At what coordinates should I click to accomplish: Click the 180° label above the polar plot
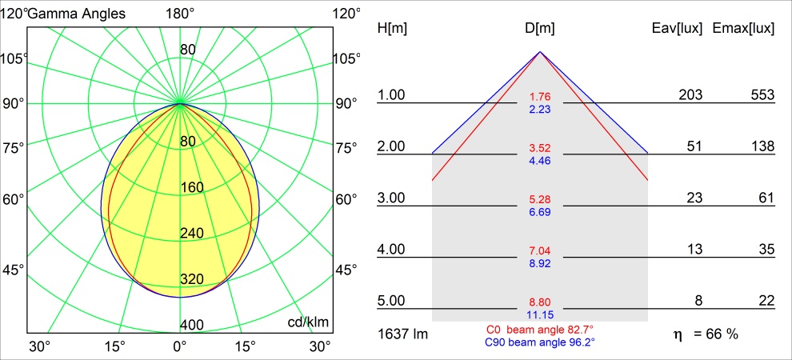pyautogui.click(x=180, y=13)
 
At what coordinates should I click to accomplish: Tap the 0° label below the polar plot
pyautogui.click(x=180, y=346)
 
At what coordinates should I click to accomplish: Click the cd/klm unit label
pyautogui.click(x=308, y=322)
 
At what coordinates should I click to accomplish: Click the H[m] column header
pyautogui.click(x=392, y=29)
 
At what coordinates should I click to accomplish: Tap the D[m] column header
pyautogui.click(x=540, y=29)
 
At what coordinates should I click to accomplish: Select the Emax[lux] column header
pyautogui.click(x=743, y=29)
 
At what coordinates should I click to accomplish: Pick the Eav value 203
pyautogui.click(x=690, y=95)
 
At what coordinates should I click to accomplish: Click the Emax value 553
pyautogui.click(x=763, y=95)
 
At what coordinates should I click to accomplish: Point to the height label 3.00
pyautogui.click(x=392, y=198)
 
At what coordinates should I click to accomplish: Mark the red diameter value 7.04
pyautogui.click(x=540, y=250)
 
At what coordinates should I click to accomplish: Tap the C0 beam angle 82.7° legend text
pyautogui.click(x=540, y=329)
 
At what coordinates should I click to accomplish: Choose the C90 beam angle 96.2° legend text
pyautogui.click(x=540, y=342)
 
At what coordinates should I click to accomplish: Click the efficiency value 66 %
pyautogui.click(x=716, y=333)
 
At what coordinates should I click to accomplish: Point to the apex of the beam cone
pyautogui.click(x=540, y=52)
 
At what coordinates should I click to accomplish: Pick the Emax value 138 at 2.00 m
pyautogui.click(x=763, y=146)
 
